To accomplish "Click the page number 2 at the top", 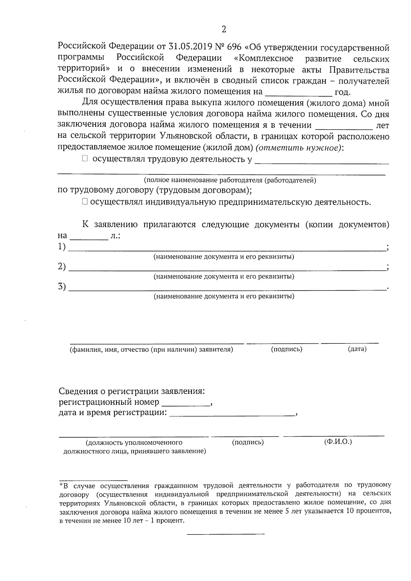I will [x=224, y=29].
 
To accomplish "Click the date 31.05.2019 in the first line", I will [x=188, y=47].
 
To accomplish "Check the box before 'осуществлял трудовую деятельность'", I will [x=85, y=159].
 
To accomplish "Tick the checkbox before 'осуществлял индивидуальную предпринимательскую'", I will [x=85, y=202].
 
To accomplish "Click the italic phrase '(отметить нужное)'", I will [x=299, y=148].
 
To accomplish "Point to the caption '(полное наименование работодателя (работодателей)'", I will [x=230, y=180].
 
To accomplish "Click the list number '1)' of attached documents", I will [x=62, y=247].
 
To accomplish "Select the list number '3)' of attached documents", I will [x=62, y=287].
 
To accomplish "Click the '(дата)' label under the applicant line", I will [x=357, y=349].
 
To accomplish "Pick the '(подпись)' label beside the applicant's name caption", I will [x=286, y=349].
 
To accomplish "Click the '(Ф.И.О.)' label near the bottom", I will [x=338, y=442].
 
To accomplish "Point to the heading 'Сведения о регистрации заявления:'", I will [x=132, y=391].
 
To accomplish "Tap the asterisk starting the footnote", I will [x=61, y=485].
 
